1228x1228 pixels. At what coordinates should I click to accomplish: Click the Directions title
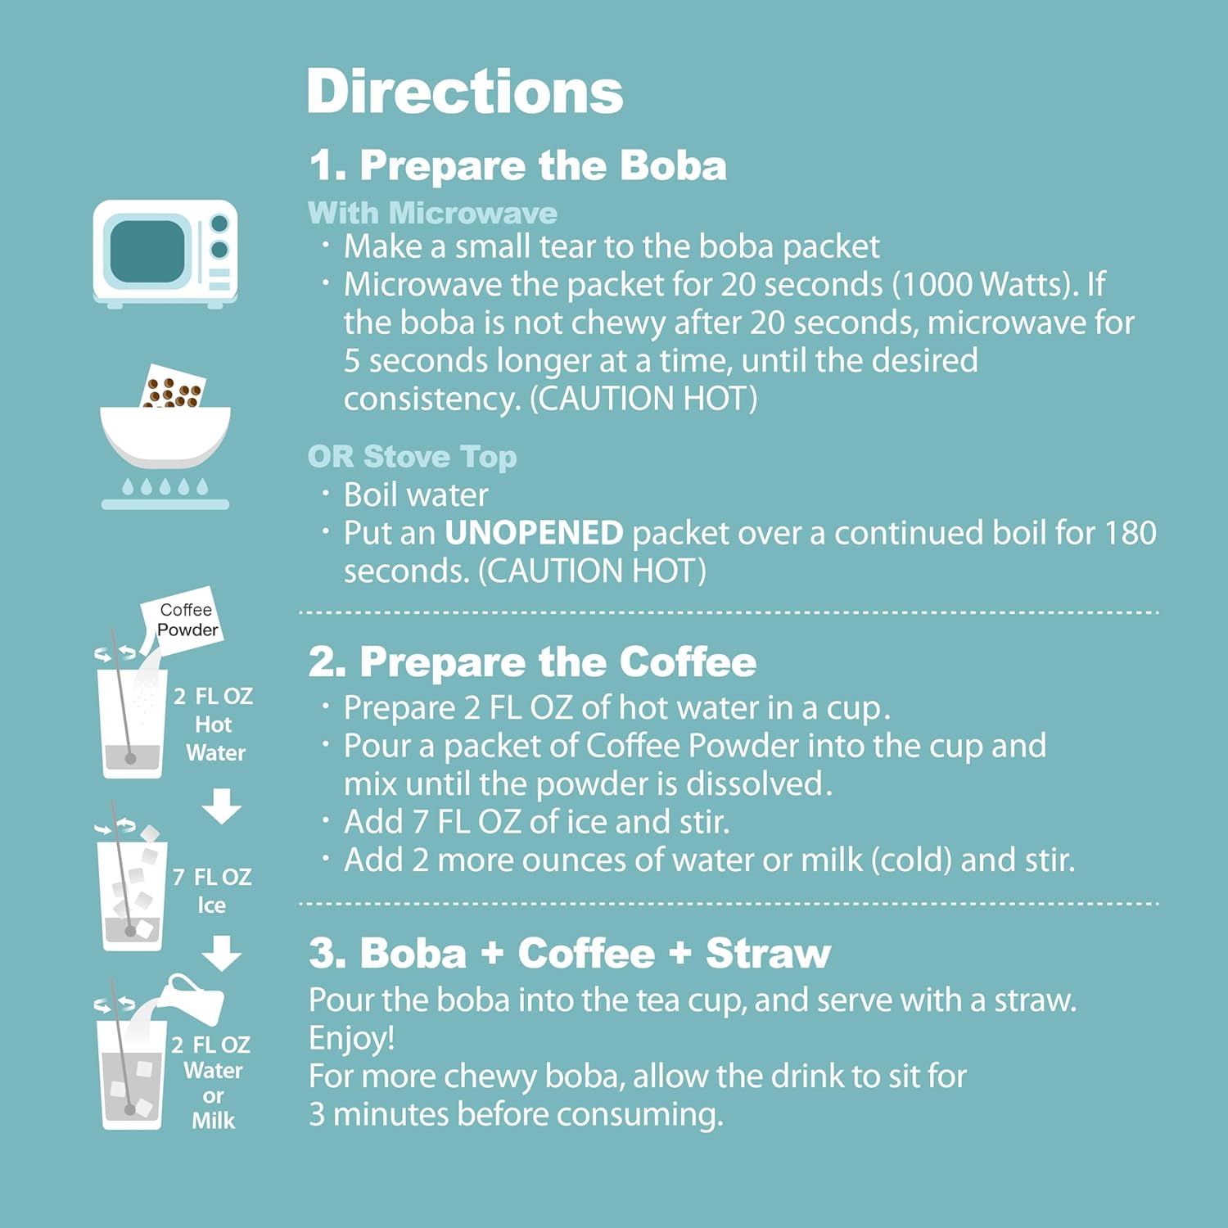pyautogui.click(x=464, y=91)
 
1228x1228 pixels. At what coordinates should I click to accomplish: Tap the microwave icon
pyautogui.click(x=165, y=253)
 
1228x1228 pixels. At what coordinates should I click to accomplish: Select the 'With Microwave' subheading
pyautogui.click(x=432, y=213)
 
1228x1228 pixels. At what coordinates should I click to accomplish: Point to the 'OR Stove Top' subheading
pyautogui.click(x=412, y=456)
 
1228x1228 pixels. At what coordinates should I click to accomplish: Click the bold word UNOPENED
pyautogui.click(x=534, y=533)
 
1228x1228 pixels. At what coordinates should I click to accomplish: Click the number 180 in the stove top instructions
pyautogui.click(x=1130, y=533)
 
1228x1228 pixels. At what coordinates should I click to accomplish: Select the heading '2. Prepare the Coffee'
pyautogui.click(x=532, y=661)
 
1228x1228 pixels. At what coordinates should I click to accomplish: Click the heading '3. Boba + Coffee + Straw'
pyautogui.click(x=570, y=953)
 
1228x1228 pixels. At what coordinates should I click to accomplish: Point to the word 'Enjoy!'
pyautogui.click(x=352, y=1037)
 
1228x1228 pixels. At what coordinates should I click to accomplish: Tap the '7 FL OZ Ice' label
pyautogui.click(x=211, y=891)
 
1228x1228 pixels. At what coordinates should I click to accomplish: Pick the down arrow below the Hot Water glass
pyautogui.click(x=221, y=806)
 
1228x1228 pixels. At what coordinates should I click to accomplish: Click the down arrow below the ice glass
pyautogui.click(x=221, y=954)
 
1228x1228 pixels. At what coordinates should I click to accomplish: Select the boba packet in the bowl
pyautogui.click(x=173, y=387)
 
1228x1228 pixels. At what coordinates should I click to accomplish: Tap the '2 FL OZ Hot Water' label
pyautogui.click(x=214, y=725)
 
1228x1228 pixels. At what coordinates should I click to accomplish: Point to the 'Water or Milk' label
pyautogui.click(x=213, y=1095)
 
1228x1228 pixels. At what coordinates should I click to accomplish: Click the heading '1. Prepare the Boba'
pyautogui.click(x=517, y=165)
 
